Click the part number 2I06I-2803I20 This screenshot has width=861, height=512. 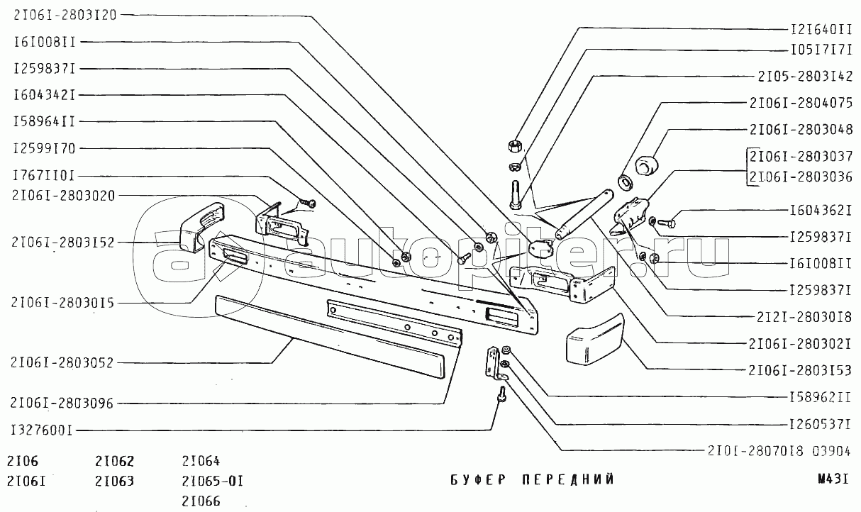tap(65, 15)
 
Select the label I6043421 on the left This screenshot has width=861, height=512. tap(43, 94)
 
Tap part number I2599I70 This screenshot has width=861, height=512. tap(43, 148)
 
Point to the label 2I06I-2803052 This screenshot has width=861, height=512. tap(62, 362)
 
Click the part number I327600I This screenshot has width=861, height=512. tap(42, 429)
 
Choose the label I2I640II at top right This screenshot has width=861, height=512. tap(820, 30)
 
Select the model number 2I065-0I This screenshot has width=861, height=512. tap(213, 481)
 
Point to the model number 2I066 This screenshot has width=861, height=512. tap(201, 501)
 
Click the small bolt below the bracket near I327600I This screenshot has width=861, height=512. tap(502, 394)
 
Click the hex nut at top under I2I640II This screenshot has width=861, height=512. tap(516, 147)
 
